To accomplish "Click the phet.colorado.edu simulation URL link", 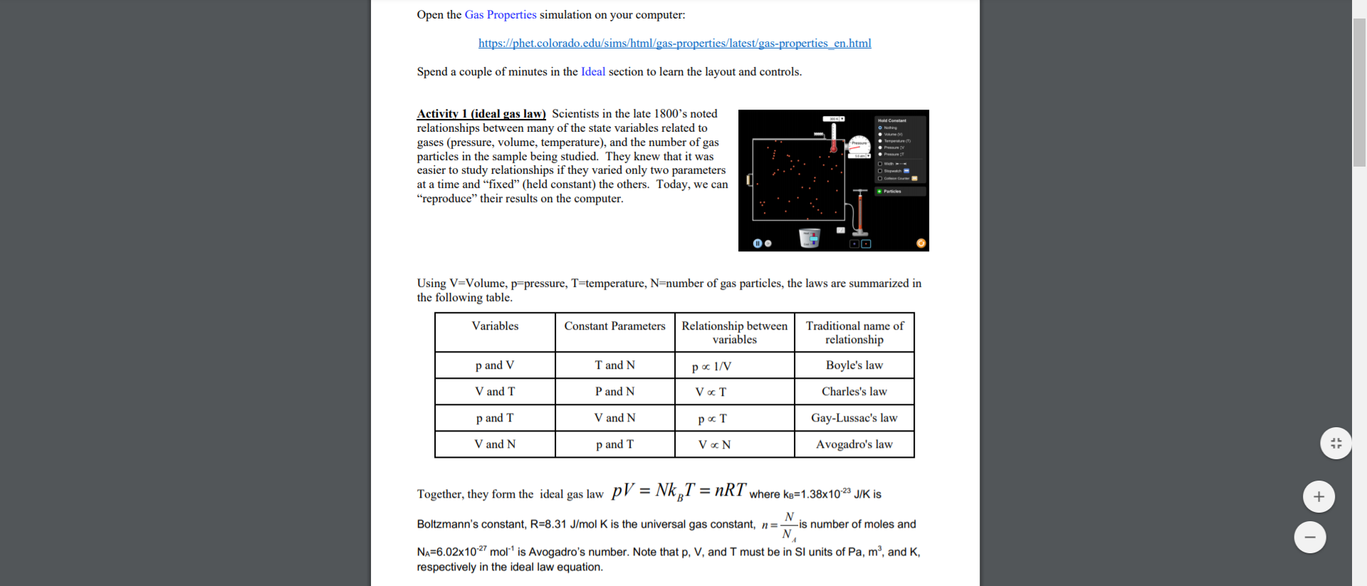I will [x=674, y=43].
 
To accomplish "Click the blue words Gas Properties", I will [x=501, y=15].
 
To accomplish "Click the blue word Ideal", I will [x=592, y=72].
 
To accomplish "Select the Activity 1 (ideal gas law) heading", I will [x=481, y=114].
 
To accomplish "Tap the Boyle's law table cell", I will [x=854, y=365].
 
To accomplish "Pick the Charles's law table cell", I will [x=854, y=392].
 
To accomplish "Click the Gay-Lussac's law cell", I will [x=854, y=418].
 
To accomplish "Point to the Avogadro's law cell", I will [x=854, y=444].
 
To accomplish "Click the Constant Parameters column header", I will [x=614, y=326].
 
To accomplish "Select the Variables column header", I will [x=495, y=326].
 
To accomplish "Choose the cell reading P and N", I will [x=614, y=392].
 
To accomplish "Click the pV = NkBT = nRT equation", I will [x=679, y=491].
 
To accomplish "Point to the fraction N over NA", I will [x=788, y=525].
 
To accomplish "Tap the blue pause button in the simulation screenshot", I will [x=758, y=244].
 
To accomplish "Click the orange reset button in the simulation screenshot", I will [x=921, y=244].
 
